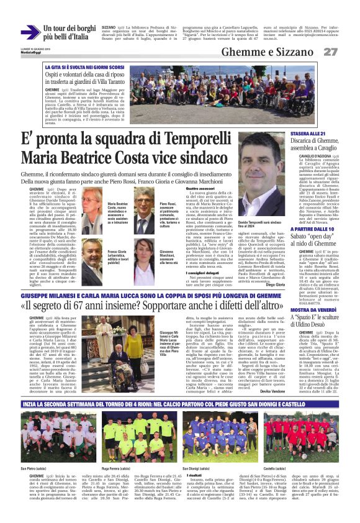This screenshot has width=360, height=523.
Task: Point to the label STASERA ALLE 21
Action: [x=308, y=134]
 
